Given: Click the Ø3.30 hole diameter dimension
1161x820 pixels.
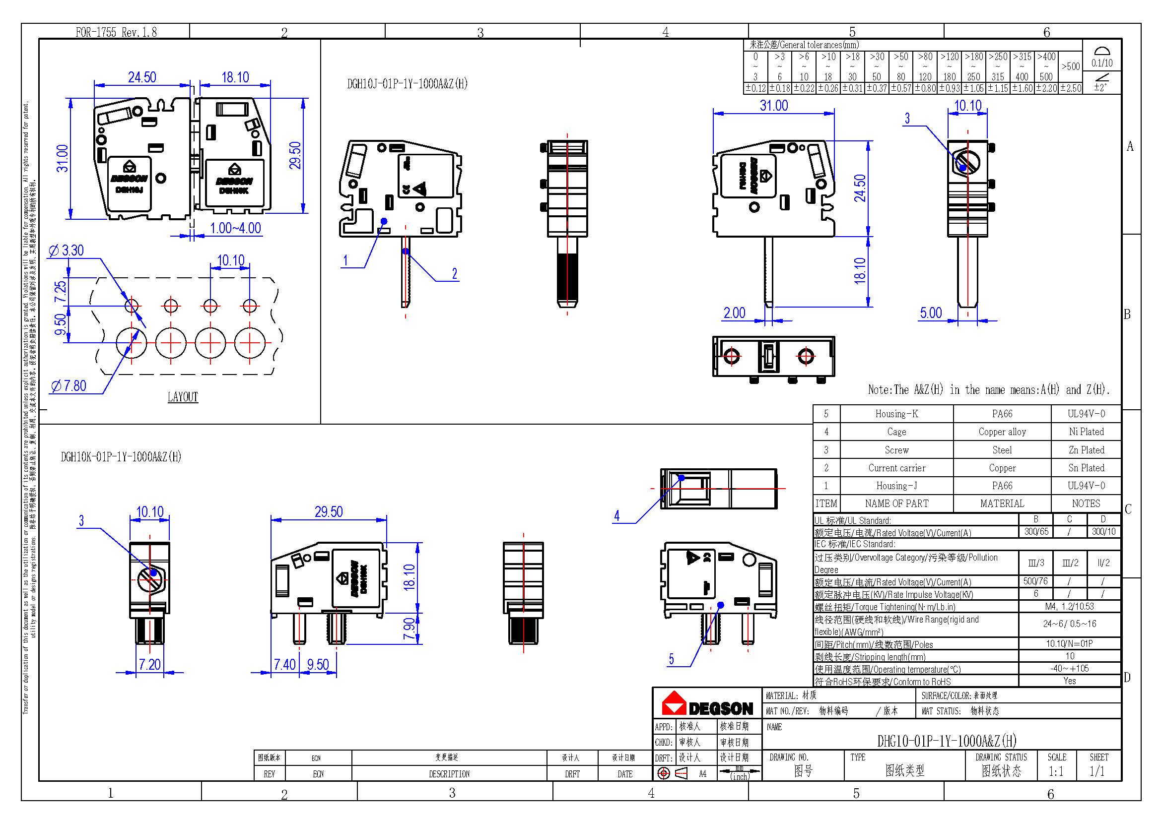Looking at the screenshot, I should click(67, 250).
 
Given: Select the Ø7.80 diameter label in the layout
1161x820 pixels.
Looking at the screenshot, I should click(69, 386).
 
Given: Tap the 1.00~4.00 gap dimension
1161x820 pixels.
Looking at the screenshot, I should click(235, 228).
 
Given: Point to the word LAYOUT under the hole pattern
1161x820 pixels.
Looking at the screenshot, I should click(183, 397).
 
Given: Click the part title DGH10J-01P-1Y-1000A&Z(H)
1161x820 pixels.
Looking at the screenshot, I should click(407, 84).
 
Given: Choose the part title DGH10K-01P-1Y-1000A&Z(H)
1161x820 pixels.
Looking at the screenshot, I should click(121, 457).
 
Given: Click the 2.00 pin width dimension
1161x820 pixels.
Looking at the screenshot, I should click(734, 313).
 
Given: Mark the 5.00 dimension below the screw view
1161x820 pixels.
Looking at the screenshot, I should click(930, 313).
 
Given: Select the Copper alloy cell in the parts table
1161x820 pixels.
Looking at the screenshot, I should click(1002, 432).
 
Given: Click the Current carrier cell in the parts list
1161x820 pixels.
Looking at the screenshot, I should click(896, 468).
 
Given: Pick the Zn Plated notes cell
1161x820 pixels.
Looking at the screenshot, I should click(1086, 449).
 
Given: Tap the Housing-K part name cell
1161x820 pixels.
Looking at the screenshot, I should click(896, 414).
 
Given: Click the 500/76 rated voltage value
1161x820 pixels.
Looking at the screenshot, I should click(1035, 581).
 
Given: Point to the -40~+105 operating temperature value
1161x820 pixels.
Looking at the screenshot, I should click(1070, 668).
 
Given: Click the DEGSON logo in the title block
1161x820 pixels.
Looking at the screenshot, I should click(707, 704).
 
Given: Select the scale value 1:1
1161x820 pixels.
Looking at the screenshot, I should click(1056, 771).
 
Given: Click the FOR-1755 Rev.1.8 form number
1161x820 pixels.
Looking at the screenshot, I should click(116, 32).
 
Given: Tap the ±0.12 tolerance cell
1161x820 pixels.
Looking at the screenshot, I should click(755, 88).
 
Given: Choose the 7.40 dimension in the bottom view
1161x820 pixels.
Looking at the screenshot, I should click(284, 664).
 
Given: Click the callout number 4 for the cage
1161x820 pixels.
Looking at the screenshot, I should click(616, 515).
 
